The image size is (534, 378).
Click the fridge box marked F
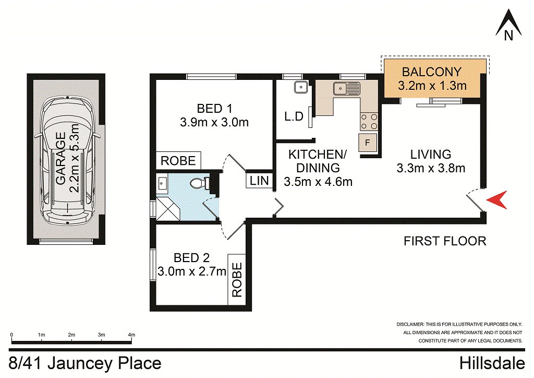click(367, 143)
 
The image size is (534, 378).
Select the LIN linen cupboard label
click(259, 181)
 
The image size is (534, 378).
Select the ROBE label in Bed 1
click(178, 160)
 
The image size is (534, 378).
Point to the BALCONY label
click(432, 72)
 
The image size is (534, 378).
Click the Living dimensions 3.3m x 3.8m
click(431, 168)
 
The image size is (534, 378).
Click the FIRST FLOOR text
click(445, 241)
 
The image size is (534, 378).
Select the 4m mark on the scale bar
click(131, 334)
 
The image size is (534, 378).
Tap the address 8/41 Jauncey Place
click(85, 363)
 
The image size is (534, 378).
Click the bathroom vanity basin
click(161, 183)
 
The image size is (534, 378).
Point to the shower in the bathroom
click(167, 207)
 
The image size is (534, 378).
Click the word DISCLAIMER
click(411, 324)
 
